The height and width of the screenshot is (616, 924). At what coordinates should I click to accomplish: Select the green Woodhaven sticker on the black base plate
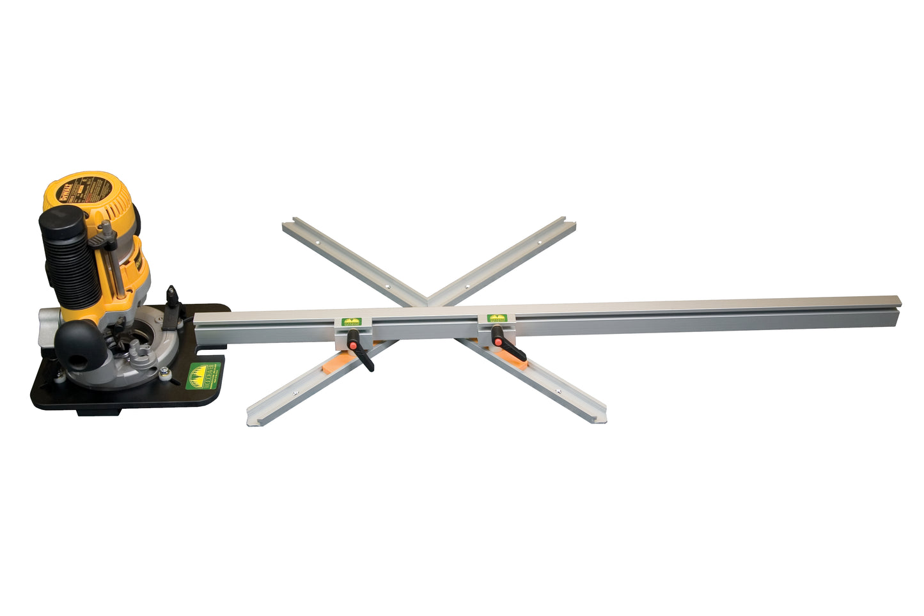(205, 375)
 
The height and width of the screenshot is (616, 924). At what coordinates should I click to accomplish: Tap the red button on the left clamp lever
(351, 345)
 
